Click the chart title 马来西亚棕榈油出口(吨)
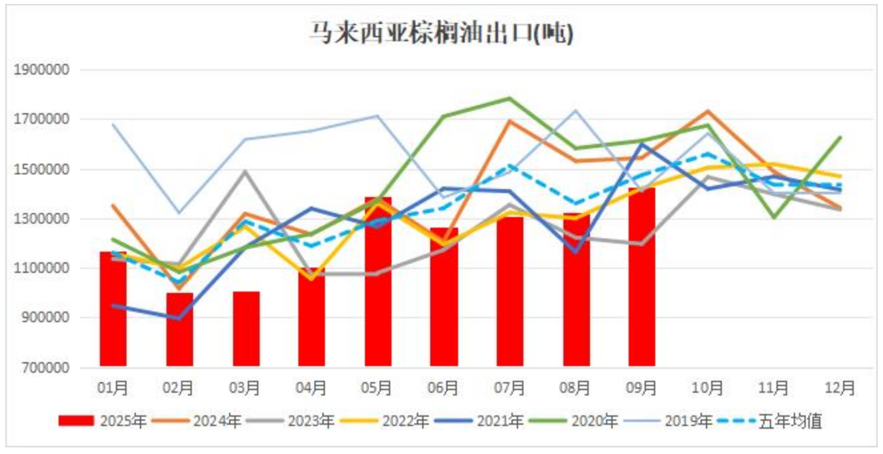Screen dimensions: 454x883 [x=441, y=33]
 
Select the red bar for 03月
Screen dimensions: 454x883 [x=246, y=329]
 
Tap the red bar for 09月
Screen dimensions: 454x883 [x=641, y=276]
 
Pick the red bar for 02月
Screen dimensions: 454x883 [x=180, y=330]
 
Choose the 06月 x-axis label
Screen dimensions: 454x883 [x=443, y=387]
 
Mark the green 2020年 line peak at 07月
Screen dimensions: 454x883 [x=509, y=99]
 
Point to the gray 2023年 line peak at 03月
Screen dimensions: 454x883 [x=245, y=172]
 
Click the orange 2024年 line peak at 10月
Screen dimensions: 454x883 [x=707, y=111]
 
